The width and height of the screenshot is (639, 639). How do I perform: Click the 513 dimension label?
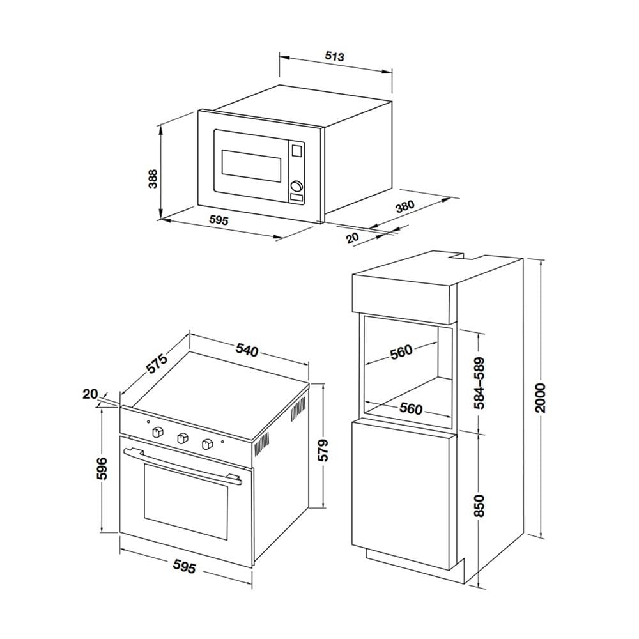335,56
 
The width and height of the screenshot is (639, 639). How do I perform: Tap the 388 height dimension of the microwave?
153,179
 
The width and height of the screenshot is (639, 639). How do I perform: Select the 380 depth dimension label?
404,206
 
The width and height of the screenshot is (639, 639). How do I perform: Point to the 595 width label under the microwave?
219,220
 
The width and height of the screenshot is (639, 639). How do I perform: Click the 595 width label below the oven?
184,566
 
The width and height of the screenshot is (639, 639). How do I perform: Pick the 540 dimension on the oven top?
247,350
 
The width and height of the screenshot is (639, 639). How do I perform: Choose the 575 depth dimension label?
156,364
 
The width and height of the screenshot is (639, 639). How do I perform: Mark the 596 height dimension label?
101,468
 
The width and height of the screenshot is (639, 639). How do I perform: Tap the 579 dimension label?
323,450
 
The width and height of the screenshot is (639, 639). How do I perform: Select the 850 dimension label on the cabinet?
480,505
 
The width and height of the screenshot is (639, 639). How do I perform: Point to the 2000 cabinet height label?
540,397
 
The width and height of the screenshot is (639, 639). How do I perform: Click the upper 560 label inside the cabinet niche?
401,351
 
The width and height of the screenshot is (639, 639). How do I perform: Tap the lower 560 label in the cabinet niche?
411,408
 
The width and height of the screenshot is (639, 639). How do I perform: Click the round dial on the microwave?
296,186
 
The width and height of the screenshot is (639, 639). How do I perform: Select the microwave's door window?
251,166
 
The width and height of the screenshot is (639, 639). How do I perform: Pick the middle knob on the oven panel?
183,438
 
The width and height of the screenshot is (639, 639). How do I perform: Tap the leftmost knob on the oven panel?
158,432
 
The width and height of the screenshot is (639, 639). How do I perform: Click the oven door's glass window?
185,501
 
